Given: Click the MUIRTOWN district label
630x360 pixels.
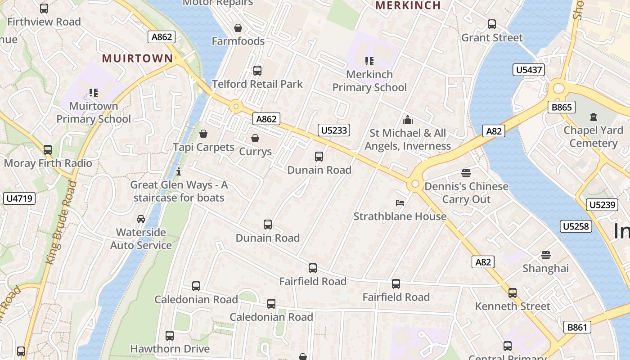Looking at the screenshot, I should click(137, 58).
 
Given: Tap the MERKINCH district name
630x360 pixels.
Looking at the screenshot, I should click(408, 5).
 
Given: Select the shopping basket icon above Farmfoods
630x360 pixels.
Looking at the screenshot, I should click(238, 28).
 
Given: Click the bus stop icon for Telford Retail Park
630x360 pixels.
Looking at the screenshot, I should click(257, 71).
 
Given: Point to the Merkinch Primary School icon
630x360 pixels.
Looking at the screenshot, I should click(369, 61).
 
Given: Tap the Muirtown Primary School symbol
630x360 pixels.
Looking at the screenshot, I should click(94, 93).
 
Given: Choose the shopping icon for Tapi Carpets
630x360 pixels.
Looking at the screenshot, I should click(203, 134).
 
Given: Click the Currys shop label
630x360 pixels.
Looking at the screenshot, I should click(255, 151).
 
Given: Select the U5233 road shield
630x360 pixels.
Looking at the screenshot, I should click(333, 130).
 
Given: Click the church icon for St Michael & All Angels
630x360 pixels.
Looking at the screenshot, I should click(408, 120).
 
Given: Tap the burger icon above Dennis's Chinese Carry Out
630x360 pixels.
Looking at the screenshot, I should click(466, 173).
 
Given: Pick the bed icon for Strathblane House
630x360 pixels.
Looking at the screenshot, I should click(400, 203).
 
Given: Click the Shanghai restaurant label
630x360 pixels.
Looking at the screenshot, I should click(545, 268).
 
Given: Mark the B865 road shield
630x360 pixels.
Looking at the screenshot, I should click(561, 107).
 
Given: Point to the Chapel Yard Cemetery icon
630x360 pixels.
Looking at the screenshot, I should click(593, 117).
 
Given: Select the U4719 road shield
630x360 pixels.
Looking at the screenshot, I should click(19, 198).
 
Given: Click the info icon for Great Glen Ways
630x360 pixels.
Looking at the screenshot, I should click(179, 171).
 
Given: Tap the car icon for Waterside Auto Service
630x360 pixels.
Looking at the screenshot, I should click(141, 219).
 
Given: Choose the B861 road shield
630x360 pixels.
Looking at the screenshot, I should click(577, 327).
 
